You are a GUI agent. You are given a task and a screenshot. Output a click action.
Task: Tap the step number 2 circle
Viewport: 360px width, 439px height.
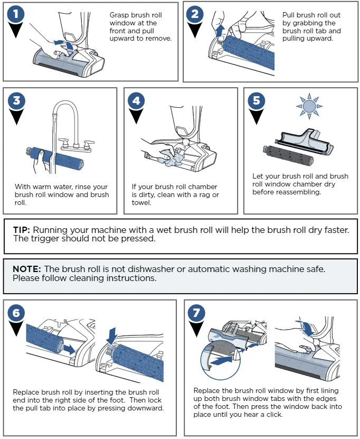pos(195,14)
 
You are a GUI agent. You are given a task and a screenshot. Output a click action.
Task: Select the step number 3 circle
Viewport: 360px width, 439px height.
pos(16,100)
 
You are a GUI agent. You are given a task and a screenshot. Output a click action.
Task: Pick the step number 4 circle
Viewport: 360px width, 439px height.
pos(136,100)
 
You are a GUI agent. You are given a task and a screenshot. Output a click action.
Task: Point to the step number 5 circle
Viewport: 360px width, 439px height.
pos(256,100)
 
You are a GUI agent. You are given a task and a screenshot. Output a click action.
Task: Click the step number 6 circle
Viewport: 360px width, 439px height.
pos(16,313)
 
